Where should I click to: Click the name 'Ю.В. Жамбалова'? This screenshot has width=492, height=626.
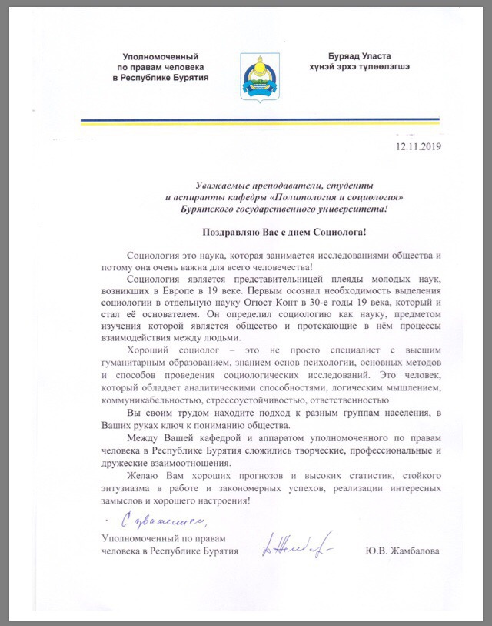pyautogui.click(x=402, y=552)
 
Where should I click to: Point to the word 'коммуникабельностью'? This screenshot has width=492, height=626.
pyautogui.click(x=150, y=400)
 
